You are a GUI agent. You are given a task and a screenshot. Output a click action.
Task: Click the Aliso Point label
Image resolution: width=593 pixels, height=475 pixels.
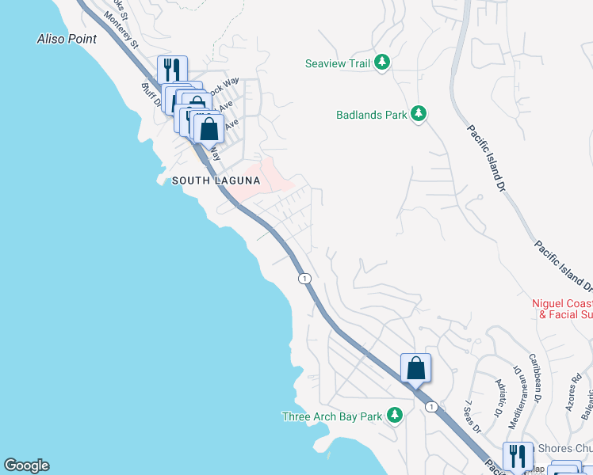click(x=67, y=39)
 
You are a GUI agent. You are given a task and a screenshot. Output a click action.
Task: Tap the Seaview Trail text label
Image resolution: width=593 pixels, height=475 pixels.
click(x=338, y=63)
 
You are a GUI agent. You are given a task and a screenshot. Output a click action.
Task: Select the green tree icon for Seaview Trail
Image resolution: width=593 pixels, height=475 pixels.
click(x=382, y=62)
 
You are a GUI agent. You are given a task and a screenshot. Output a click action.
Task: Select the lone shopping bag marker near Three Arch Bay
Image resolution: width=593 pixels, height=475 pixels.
click(x=415, y=368)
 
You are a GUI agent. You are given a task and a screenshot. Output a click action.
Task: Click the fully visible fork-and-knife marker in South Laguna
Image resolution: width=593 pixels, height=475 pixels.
click(x=171, y=70)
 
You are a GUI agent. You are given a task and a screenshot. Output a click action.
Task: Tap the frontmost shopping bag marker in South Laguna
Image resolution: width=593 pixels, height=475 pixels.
click(x=209, y=129)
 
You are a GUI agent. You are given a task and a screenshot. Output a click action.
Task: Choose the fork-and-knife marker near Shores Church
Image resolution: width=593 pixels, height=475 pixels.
click(x=518, y=456)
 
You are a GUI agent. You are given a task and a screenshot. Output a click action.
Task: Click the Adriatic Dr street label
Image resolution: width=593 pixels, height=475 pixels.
click(x=498, y=404)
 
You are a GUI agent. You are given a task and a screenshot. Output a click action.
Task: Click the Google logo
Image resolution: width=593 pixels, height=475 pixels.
click(x=26, y=465)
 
